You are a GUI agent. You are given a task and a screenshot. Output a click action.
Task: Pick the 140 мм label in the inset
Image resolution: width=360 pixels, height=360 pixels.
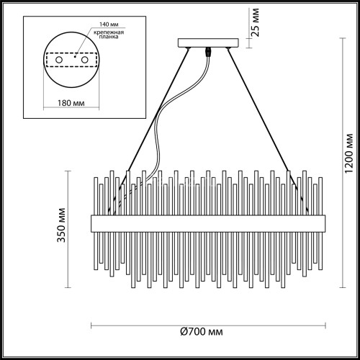101,25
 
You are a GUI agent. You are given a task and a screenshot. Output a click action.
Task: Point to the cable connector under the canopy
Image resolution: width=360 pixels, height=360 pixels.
210,53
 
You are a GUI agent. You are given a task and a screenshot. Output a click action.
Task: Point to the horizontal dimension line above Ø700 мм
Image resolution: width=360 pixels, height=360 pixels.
207,321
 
